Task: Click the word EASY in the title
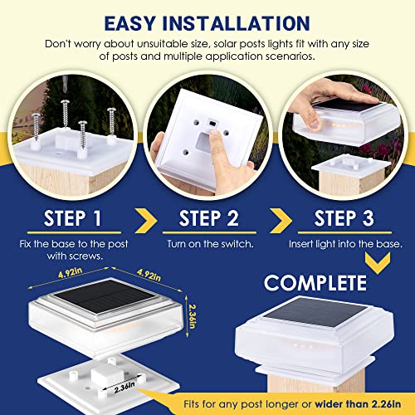(129, 23)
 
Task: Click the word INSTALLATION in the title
(236, 23)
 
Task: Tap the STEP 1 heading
(73, 218)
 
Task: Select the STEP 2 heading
(209, 218)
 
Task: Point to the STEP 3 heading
(344, 218)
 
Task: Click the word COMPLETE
(315, 283)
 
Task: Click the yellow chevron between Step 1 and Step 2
(146, 221)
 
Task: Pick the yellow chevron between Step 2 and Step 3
(281, 221)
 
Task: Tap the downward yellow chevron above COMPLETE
(378, 262)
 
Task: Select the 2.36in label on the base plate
(124, 387)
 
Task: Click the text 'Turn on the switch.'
(210, 244)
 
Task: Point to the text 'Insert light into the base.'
(345, 244)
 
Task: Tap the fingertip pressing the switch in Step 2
(214, 135)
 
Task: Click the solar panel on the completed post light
(315, 312)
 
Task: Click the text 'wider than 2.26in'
(358, 404)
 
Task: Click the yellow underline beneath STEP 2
(209, 232)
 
